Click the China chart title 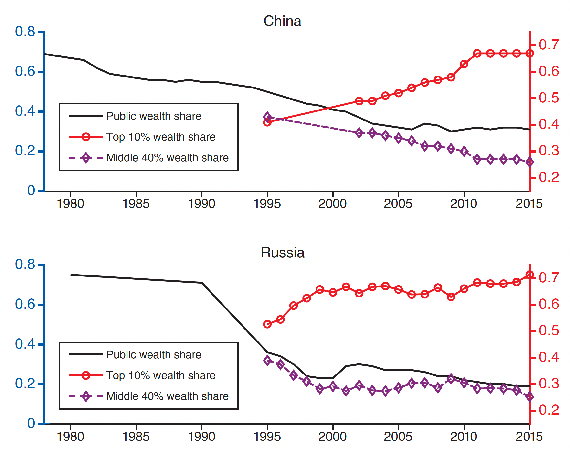pos(282,21)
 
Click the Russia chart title pos(282,253)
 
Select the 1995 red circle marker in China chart pos(267,122)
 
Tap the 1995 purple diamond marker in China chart pos(267,117)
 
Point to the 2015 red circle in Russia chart pos(529,275)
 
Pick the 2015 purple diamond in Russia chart pos(529,397)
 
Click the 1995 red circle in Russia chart pos(267,324)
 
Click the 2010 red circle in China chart pos(464,64)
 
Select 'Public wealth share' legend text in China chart pos(154,116)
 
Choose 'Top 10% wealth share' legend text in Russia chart pos(161,375)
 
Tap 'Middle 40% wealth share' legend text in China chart pos(167,158)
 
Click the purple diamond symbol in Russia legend pos(86,396)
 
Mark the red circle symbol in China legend pos(86,137)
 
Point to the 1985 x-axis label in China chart pos(136,204)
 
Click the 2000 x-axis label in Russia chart pos(332,437)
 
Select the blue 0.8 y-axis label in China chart pos(25,32)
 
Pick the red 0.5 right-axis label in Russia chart pos(549,331)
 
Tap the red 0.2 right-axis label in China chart pos(549,177)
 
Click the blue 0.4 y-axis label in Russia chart pos(25,344)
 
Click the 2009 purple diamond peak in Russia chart pos(451,379)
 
